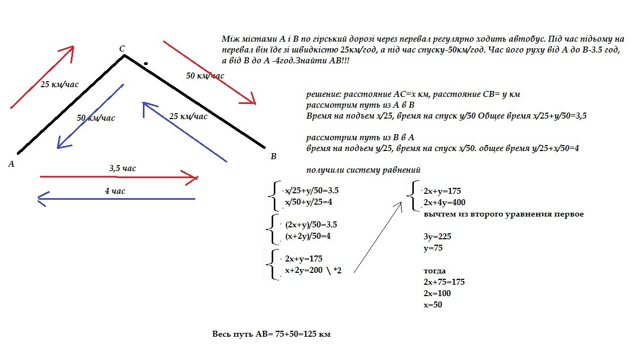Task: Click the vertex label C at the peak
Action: tap(122, 49)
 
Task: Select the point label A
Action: tap(11, 163)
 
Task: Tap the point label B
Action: tap(273, 156)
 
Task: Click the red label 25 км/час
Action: tap(60, 84)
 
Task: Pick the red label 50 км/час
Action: tap(205, 76)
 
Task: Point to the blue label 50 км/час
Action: tap(96, 117)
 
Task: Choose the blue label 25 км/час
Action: tap(188, 116)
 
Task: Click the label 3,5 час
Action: tap(122, 168)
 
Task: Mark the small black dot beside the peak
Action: tap(145, 63)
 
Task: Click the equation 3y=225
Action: tap(437, 237)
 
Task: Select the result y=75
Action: tap(434, 248)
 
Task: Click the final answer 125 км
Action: tap(317, 334)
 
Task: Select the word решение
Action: tap(324, 94)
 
